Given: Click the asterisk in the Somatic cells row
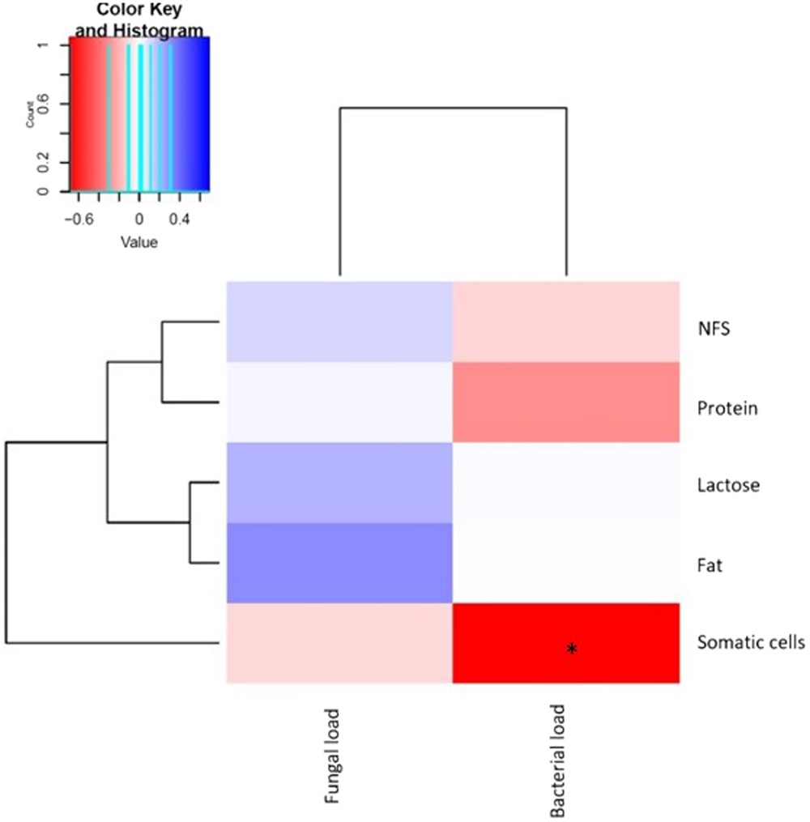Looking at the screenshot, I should [x=572, y=649].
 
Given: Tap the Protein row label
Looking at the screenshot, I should [x=727, y=409].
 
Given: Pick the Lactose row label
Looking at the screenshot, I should [x=728, y=486].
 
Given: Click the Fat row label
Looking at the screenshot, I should [x=709, y=564].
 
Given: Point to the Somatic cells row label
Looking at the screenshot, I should [x=749, y=643].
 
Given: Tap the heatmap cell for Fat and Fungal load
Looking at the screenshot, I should [x=339, y=563].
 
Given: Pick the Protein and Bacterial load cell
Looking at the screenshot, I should [x=565, y=402].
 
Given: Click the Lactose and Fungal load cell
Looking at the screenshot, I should [x=339, y=483].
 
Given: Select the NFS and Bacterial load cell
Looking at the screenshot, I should [x=565, y=322].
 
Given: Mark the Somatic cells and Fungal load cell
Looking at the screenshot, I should [x=339, y=643].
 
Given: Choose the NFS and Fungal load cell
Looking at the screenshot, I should [x=339, y=322].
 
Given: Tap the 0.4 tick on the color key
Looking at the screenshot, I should [x=179, y=219].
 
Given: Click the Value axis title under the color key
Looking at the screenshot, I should [x=139, y=241].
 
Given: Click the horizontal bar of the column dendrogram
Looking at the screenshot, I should [x=452, y=107].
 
